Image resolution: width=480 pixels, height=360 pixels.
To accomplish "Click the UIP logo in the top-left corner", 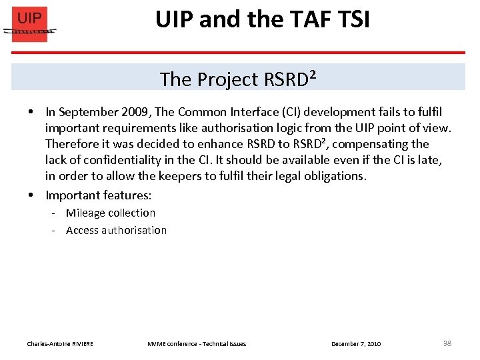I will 30,24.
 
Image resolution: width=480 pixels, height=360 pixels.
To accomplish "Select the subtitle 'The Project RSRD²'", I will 237,79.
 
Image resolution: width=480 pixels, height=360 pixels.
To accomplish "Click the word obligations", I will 331,176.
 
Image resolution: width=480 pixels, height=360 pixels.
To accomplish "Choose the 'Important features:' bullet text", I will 98,195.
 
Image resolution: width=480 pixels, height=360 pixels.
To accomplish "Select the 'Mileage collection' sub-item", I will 110,213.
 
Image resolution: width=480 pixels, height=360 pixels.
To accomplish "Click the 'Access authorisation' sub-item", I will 116,231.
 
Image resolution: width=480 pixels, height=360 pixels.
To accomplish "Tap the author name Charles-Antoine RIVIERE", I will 60,344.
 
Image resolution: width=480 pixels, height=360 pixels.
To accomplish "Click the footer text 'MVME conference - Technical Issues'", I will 196,344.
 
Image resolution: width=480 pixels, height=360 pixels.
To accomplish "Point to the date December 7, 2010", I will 356,344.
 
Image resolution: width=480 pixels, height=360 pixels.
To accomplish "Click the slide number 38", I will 447,343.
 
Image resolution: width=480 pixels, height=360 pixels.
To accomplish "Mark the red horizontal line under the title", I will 267,53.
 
